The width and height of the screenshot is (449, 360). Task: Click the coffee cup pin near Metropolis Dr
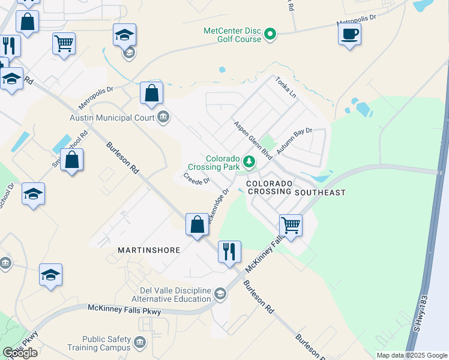pos(349,34)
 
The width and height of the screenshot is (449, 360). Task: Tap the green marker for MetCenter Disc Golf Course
pos(270,34)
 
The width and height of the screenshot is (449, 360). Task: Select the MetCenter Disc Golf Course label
pos(233,34)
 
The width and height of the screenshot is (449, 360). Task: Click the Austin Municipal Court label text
pos(112,118)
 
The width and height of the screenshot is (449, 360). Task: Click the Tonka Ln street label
pos(286,88)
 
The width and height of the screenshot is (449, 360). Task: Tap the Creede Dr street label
pos(196,179)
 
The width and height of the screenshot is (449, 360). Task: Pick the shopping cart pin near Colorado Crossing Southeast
pos(291,226)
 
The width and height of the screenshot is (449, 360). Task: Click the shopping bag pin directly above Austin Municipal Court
pos(152,94)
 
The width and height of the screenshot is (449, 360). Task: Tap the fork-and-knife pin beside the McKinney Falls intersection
pos(229,252)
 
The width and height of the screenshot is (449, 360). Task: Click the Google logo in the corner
pos(20,353)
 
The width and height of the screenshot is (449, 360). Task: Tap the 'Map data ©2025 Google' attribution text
pos(412,355)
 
